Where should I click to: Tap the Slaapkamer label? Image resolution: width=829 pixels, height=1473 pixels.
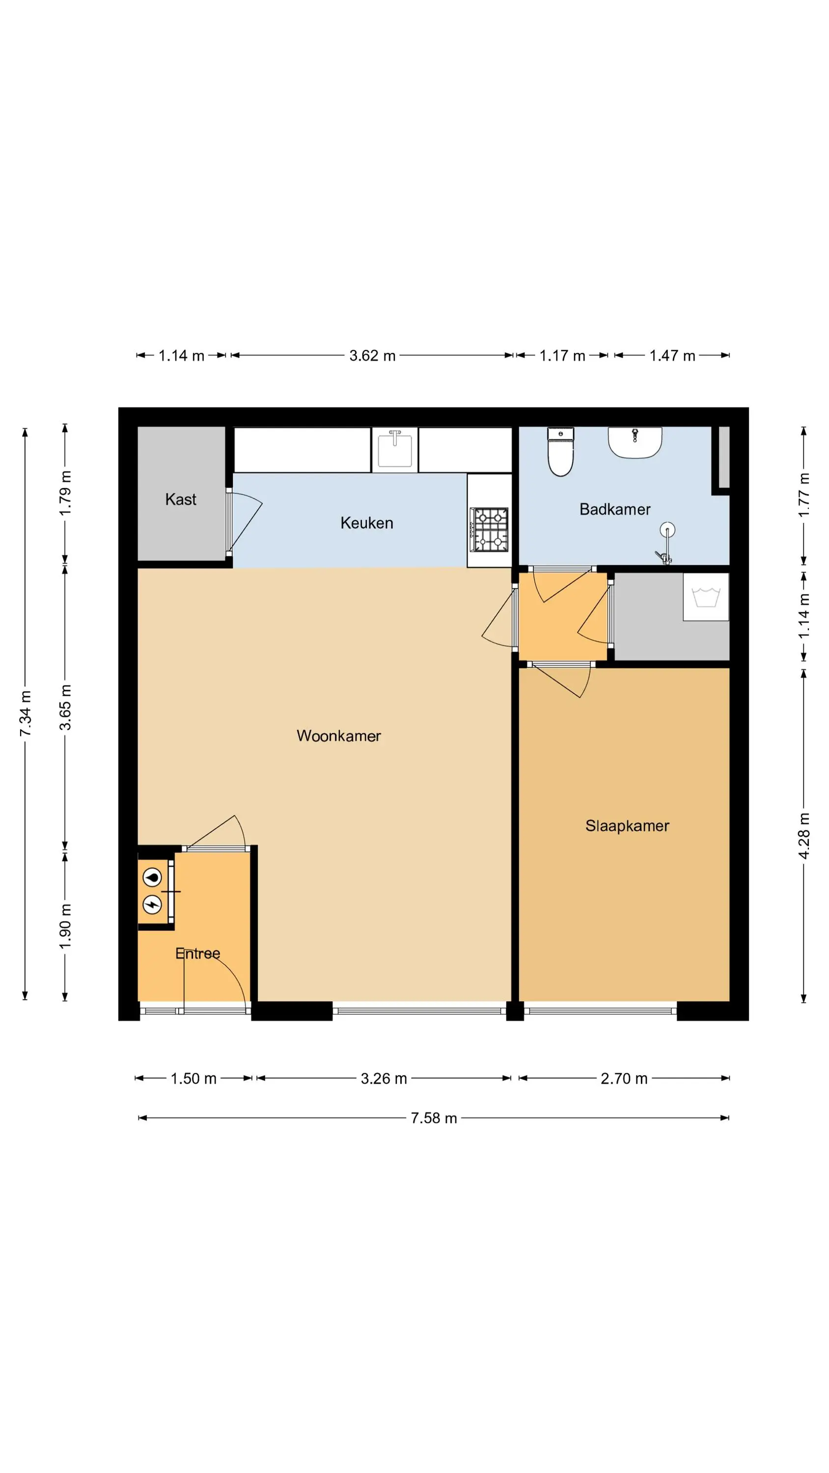[x=627, y=826]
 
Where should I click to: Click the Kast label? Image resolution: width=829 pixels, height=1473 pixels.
[x=181, y=499]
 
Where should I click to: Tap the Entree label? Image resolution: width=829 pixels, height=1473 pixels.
[x=197, y=953]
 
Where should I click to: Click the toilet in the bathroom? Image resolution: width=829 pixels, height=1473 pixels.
[x=561, y=452]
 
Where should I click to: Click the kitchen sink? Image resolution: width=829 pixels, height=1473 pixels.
[x=395, y=449]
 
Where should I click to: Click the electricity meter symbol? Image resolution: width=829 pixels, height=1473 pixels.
[x=152, y=904]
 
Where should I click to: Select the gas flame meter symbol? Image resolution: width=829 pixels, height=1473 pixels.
[x=152, y=876]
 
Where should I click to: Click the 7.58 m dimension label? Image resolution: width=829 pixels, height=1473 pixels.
[x=434, y=1118]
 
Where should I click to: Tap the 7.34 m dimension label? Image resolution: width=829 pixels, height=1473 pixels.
[x=25, y=713]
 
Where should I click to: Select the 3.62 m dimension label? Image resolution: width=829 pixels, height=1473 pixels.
[x=372, y=355]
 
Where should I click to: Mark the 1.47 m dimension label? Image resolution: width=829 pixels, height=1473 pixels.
[x=672, y=355]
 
